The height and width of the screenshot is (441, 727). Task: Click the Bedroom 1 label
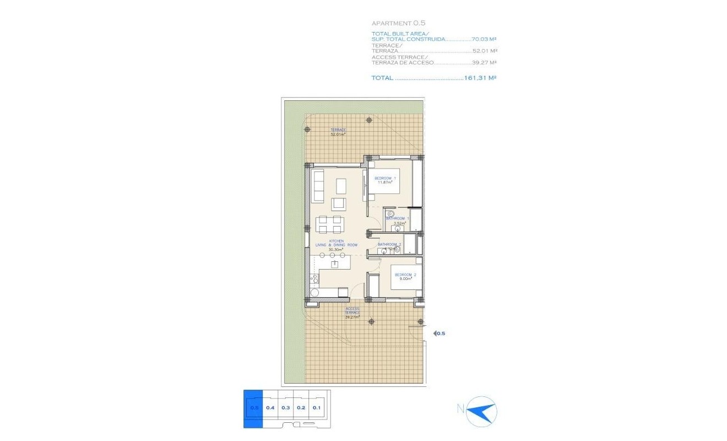coord(385,180)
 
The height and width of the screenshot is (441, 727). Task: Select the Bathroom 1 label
coord(397,220)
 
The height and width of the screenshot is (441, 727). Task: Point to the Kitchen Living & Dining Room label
coord(336,245)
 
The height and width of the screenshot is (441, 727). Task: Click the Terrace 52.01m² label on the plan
coord(338,132)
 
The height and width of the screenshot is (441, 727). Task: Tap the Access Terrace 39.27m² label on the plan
coord(352,313)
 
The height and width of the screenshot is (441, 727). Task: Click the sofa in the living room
coord(318,185)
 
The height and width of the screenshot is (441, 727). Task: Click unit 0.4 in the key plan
coord(270,408)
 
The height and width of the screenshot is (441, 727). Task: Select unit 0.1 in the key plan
coord(316,408)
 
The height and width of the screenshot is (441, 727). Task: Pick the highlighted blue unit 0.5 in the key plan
coord(253,408)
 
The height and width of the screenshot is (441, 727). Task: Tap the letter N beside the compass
coord(459,408)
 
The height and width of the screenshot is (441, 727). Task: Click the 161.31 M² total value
coord(481,78)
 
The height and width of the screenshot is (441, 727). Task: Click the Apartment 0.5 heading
coord(391,23)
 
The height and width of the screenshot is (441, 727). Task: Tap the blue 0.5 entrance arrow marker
coord(439,333)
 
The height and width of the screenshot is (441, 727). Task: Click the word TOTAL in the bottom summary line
coord(382,78)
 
